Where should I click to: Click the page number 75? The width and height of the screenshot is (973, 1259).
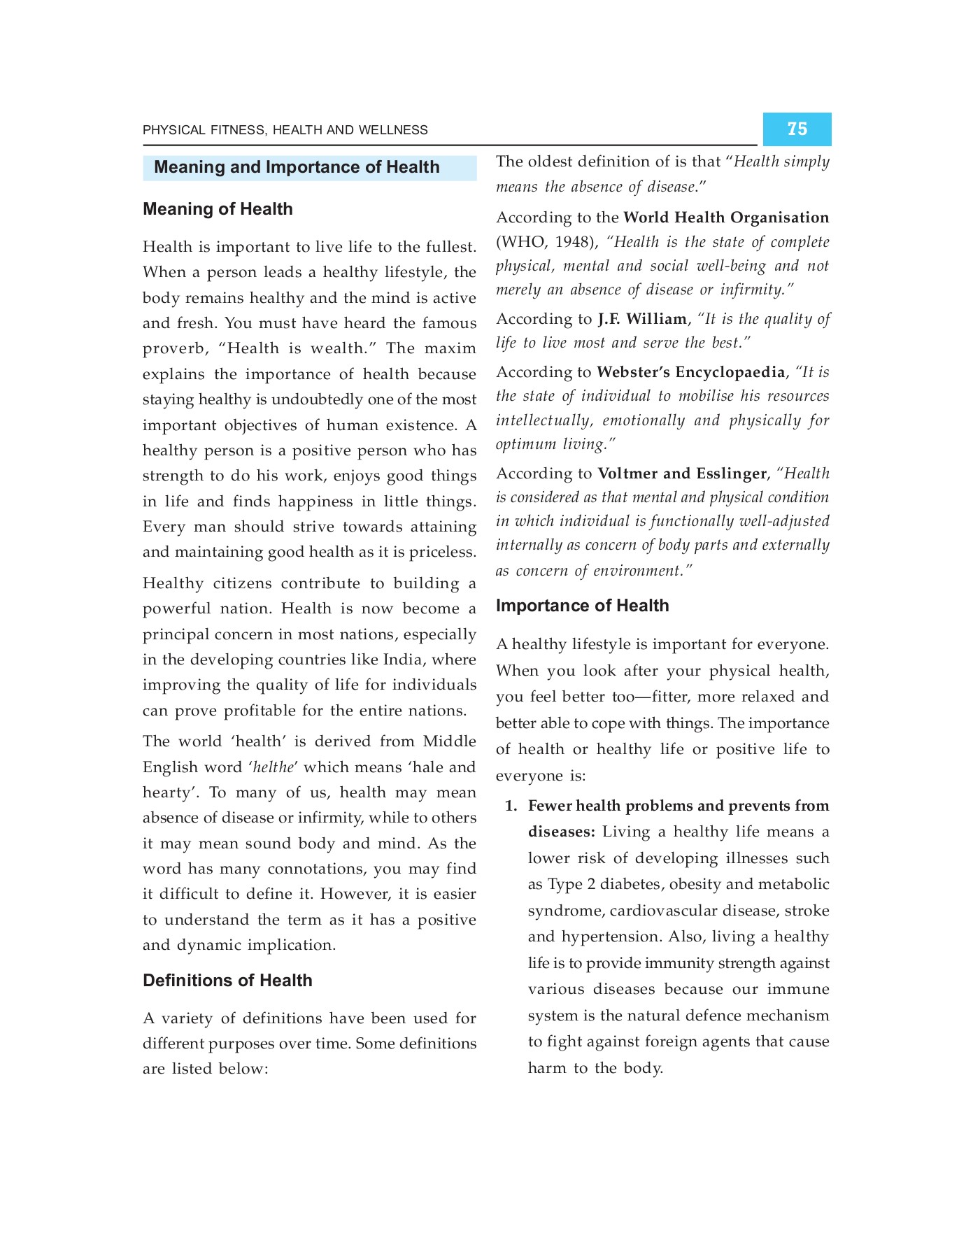click(x=797, y=129)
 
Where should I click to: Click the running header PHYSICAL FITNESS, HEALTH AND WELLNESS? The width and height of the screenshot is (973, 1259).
click(x=285, y=130)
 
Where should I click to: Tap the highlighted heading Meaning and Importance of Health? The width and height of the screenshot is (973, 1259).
click(x=297, y=167)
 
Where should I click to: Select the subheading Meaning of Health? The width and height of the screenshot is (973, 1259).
click(x=218, y=209)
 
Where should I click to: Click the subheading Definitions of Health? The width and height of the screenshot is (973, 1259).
click(x=227, y=981)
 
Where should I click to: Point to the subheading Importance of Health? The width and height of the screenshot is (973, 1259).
click(x=582, y=606)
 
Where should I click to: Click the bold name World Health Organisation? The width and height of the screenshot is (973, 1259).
click(x=725, y=218)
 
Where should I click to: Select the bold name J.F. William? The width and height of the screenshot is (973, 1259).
click(x=641, y=319)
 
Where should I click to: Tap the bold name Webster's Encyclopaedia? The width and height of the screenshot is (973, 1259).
click(x=690, y=372)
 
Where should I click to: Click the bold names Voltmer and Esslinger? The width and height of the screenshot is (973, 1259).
click(x=681, y=474)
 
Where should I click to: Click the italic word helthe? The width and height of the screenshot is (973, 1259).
click(x=273, y=767)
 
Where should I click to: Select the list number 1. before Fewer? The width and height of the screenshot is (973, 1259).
click(x=511, y=806)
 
